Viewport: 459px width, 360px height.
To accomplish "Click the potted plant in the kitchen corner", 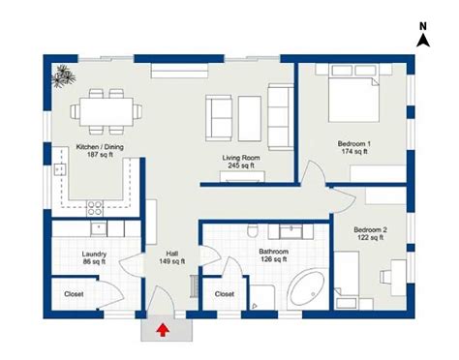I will click(65, 75).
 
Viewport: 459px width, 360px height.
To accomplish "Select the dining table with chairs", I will click(100, 109).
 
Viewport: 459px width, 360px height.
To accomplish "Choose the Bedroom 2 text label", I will click(371, 232).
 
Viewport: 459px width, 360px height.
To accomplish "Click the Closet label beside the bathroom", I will click(225, 293).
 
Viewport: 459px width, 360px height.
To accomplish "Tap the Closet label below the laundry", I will click(74, 293).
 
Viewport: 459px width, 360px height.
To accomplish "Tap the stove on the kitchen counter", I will click(95, 206).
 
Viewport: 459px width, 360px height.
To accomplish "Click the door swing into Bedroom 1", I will click(312, 174).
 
